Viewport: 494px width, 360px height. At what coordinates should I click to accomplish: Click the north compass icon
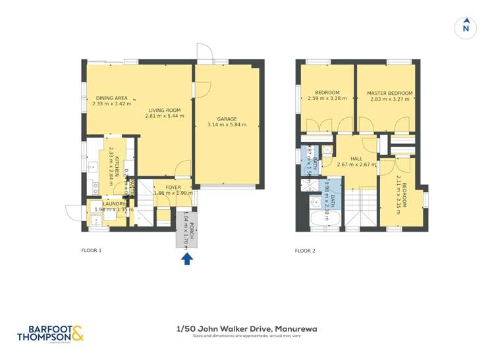click(466, 28)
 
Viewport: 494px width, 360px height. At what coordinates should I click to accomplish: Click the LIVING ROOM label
click(164, 110)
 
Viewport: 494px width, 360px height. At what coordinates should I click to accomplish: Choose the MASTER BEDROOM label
click(389, 93)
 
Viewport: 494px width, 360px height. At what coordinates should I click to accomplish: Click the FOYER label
click(173, 188)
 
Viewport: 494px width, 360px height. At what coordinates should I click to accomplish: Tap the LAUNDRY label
click(114, 203)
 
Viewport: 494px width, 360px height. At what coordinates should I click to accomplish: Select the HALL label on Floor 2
click(356, 159)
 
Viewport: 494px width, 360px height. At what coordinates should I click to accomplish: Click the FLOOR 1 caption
click(92, 250)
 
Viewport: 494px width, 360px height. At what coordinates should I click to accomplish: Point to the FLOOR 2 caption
click(305, 250)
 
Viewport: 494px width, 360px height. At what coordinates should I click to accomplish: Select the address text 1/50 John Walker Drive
click(246, 328)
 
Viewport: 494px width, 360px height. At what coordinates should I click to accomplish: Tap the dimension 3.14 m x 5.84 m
click(227, 124)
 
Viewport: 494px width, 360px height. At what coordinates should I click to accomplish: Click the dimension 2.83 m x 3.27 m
click(389, 100)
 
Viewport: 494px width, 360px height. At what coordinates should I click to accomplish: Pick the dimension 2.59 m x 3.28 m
click(327, 99)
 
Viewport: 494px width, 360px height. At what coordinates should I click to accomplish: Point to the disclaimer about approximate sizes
click(246, 336)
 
